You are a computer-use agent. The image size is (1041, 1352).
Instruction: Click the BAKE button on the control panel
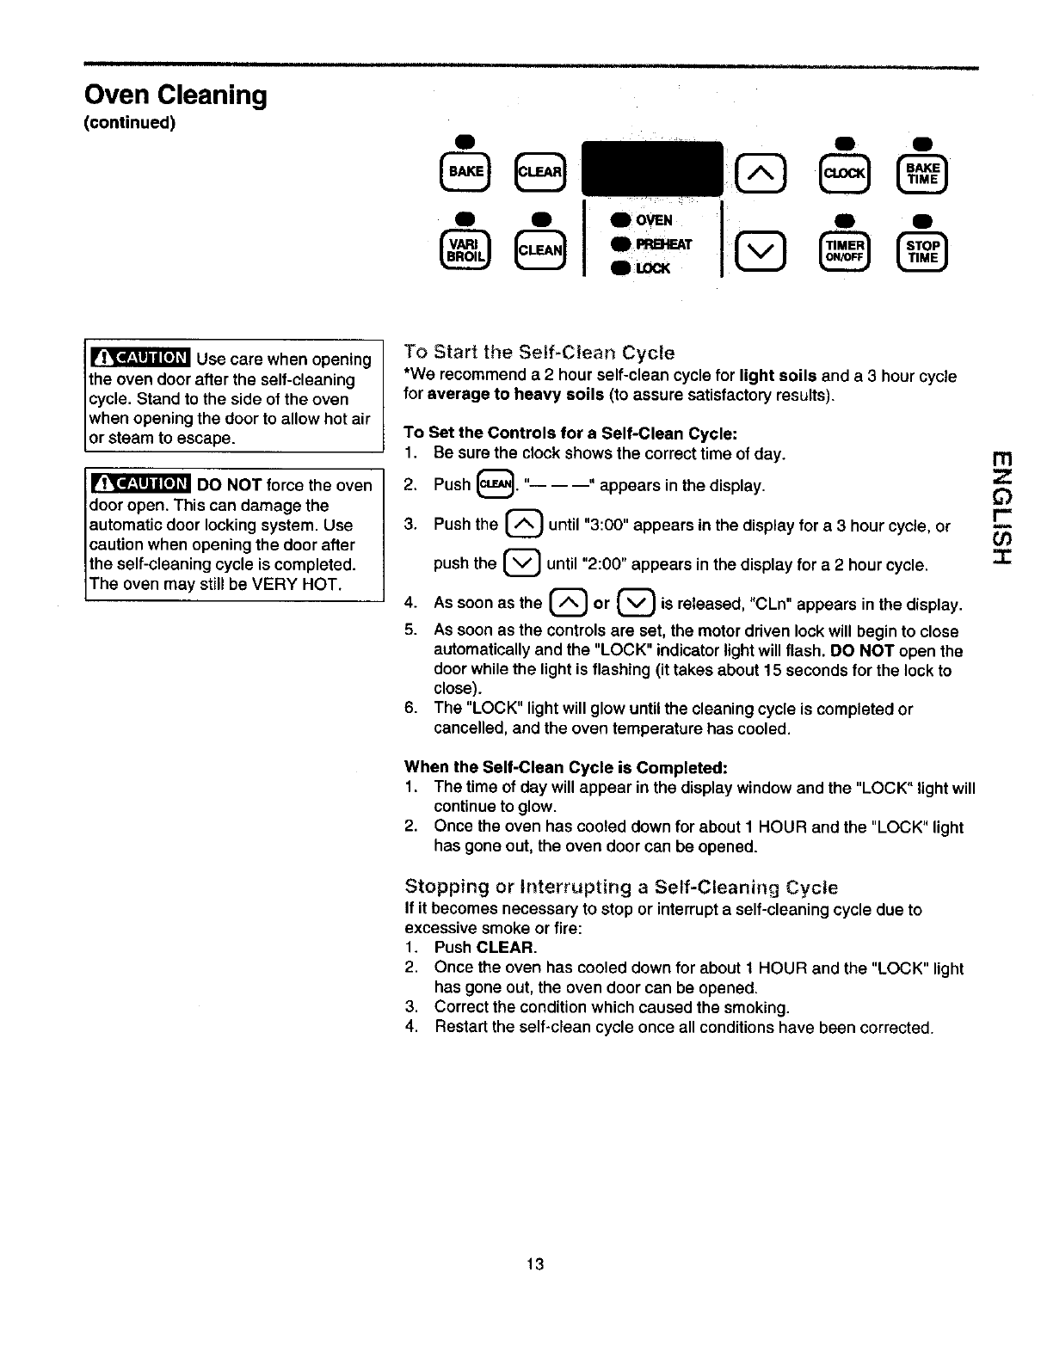[465, 172]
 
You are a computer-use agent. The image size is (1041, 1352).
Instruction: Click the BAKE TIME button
[921, 173]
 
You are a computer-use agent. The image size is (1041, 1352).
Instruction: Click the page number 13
[535, 1263]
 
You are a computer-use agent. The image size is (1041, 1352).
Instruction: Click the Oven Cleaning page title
[175, 95]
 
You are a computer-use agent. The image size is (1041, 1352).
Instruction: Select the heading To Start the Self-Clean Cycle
[539, 353]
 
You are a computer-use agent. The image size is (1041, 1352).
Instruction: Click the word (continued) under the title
[129, 122]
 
